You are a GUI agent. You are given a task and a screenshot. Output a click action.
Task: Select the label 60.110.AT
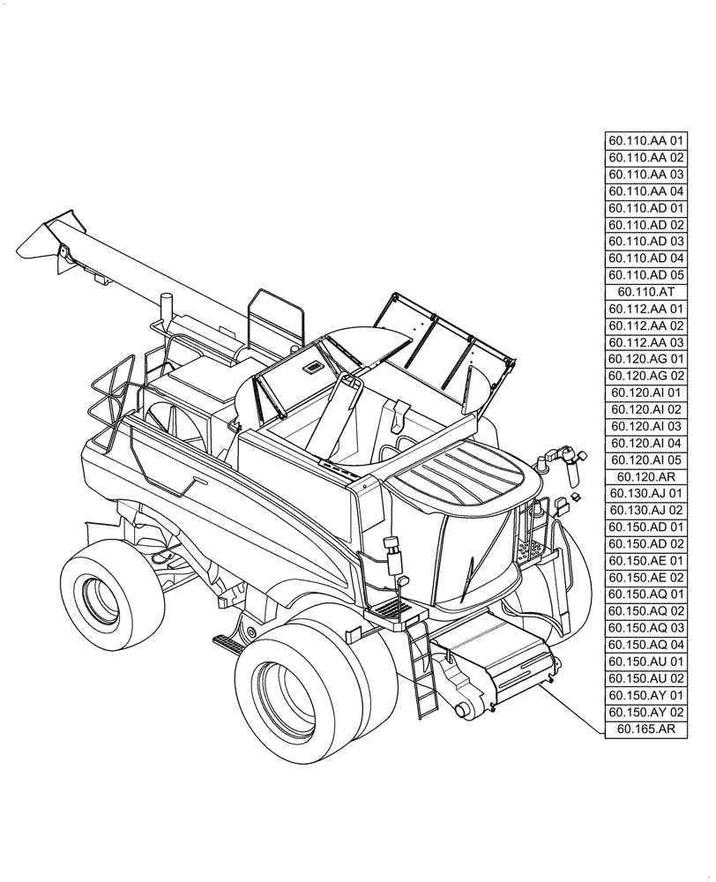pyautogui.click(x=645, y=292)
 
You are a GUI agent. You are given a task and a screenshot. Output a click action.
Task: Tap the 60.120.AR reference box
pyautogui.click(x=645, y=476)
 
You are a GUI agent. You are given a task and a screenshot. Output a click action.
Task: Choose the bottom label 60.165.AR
pyautogui.click(x=645, y=729)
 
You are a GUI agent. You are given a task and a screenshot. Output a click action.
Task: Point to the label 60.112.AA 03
pyautogui.click(x=645, y=342)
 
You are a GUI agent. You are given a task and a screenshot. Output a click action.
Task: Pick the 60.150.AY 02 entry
pyautogui.click(x=645, y=712)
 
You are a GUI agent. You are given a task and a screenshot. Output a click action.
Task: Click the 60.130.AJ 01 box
pyautogui.click(x=645, y=493)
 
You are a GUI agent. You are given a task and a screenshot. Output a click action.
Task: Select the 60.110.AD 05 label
pyautogui.click(x=645, y=275)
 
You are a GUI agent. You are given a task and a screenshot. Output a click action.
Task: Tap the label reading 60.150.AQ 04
pyautogui.click(x=645, y=645)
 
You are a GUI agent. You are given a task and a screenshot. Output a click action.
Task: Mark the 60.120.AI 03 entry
pyautogui.click(x=645, y=426)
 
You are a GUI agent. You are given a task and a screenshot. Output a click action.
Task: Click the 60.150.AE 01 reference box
pyautogui.click(x=645, y=560)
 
